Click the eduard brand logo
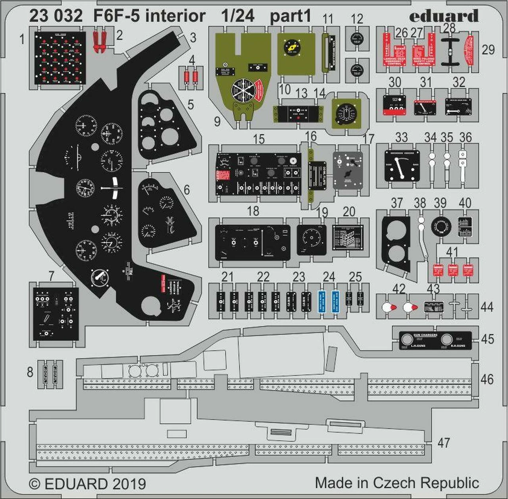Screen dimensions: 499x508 (443, 16)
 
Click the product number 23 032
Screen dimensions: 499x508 (56, 16)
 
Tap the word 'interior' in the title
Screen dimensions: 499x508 (175, 16)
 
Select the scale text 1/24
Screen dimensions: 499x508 (238, 16)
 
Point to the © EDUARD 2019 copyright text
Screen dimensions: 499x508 (88, 484)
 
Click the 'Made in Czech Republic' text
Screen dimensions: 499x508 (397, 483)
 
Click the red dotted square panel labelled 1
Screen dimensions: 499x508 (60, 58)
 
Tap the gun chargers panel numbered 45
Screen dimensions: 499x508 (435, 341)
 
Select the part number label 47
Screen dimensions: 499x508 (444, 443)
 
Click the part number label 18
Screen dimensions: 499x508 (253, 211)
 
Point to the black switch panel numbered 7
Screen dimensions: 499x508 (56, 314)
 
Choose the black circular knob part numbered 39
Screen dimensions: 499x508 (441, 226)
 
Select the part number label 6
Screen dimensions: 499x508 (187, 190)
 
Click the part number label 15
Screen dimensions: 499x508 (258, 139)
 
